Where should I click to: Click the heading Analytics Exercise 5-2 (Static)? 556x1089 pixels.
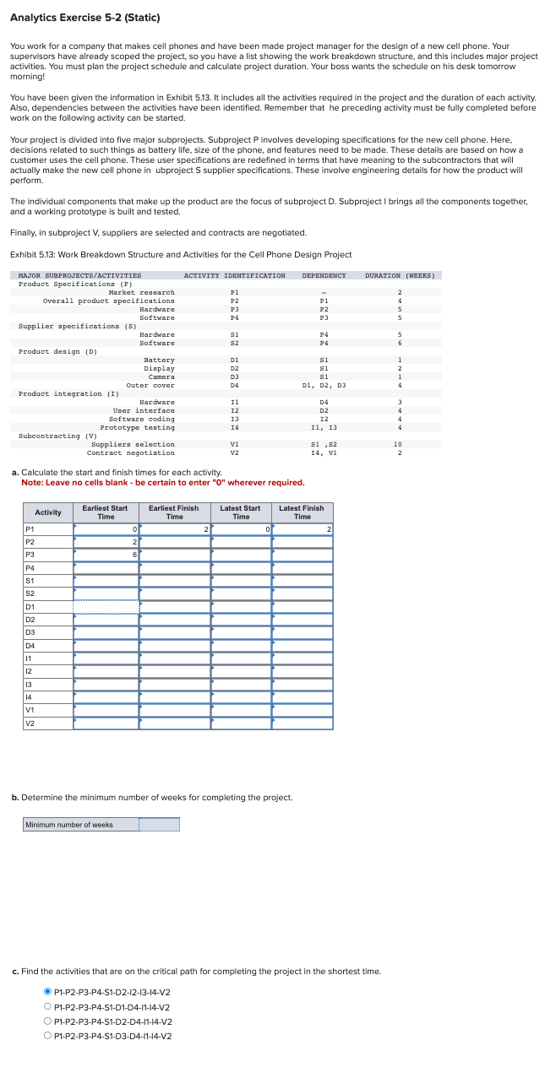click(x=84, y=18)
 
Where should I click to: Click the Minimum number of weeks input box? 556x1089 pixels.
click(x=159, y=825)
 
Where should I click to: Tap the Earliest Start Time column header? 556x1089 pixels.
click(x=106, y=512)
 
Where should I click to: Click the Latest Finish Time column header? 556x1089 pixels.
click(x=302, y=512)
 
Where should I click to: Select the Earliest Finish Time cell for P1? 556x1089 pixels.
click(x=175, y=528)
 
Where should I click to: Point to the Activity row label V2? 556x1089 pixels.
click(x=30, y=723)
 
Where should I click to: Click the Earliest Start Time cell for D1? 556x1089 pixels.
click(x=106, y=606)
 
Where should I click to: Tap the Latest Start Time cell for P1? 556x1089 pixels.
click(x=241, y=528)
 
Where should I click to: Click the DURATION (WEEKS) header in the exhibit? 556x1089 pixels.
click(x=404, y=275)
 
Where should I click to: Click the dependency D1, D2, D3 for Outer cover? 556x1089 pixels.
click(x=324, y=385)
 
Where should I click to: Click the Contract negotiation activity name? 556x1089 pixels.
click(x=131, y=452)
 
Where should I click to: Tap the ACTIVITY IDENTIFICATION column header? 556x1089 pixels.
click(x=234, y=275)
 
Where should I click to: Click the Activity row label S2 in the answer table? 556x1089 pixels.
click(x=30, y=593)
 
